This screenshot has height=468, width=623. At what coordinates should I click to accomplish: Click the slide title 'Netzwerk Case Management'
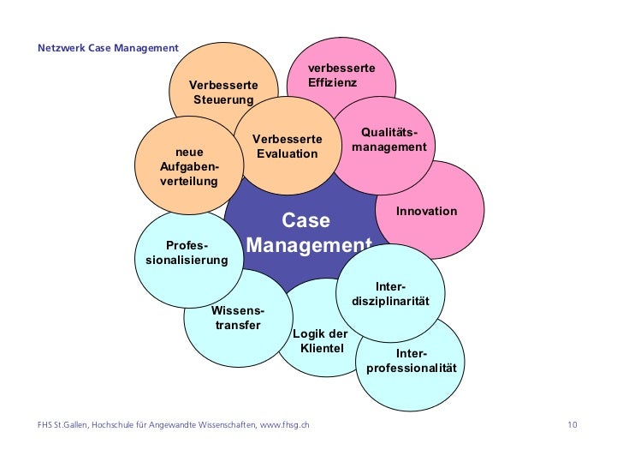click(x=108, y=48)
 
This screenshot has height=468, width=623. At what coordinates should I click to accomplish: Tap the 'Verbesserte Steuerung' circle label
click(x=222, y=93)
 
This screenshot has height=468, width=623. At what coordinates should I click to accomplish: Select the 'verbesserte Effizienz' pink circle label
click(x=341, y=75)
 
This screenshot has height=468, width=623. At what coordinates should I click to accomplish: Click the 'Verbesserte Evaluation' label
click(x=288, y=147)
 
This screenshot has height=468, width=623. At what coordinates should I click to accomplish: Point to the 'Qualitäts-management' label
click(x=389, y=140)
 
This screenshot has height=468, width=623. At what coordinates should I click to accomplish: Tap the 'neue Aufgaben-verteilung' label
click(x=189, y=167)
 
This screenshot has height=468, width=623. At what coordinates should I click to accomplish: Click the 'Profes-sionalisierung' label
click(x=187, y=252)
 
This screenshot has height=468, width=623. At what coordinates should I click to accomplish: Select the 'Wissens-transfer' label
click(x=237, y=318)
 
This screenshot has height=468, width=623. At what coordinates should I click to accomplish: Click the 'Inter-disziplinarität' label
click(x=389, y=294)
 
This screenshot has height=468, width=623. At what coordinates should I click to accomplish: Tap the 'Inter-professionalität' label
click(x=412, y=361)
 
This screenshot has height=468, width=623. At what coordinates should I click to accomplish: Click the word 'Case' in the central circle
click(x=306, y=221)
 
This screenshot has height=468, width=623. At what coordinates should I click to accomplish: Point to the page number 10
click(x=573, y=425)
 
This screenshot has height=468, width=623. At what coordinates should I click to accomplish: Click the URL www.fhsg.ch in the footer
click(x=284, y=425)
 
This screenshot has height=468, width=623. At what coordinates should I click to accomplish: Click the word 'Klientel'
click(x=322, y=348)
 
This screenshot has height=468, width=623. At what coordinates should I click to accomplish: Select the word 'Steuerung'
click(x=223, y=100)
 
